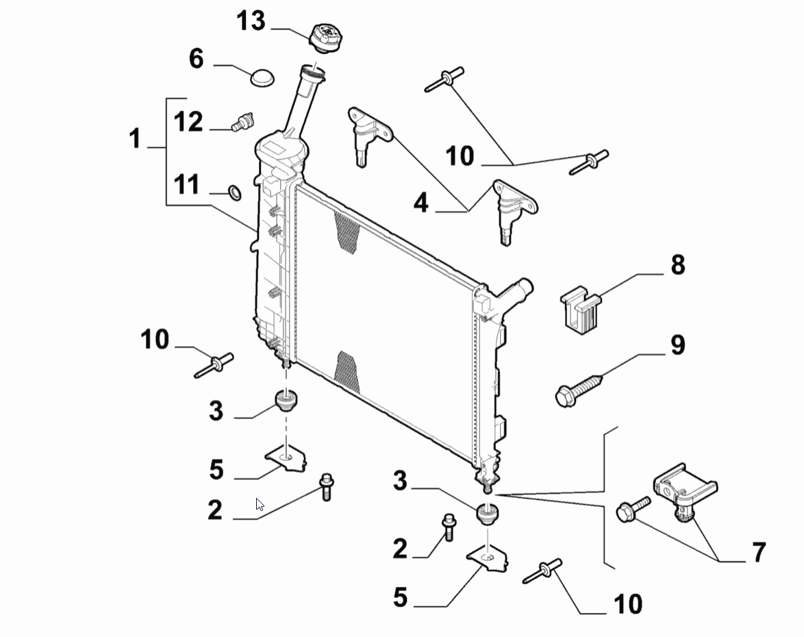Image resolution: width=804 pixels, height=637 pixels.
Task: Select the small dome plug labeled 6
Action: point(262,77)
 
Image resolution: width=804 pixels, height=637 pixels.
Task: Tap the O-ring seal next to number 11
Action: point(235,193)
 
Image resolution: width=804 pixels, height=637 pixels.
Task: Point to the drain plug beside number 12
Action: point(242,121)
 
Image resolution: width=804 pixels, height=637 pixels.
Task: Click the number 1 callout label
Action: point(135,139)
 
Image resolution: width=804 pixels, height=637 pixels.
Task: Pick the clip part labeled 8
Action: point(581,308)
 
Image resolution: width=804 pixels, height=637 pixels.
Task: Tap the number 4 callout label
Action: point(421,203)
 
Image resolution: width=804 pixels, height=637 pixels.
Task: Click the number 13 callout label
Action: point(251,21)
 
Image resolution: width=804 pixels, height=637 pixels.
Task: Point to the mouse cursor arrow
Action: point(260,505)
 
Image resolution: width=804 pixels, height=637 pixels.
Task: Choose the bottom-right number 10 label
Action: point(628,604)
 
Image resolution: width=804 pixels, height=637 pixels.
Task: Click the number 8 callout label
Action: point(678,265)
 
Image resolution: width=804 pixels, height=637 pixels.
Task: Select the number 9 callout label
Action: point(678,345)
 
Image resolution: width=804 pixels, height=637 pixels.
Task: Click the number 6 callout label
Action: point(197,58)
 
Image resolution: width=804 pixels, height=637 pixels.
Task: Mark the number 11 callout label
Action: point(187,185)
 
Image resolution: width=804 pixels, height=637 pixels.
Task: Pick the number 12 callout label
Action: point(188,122)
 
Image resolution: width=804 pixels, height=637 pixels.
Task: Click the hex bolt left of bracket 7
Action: point(633,509)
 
